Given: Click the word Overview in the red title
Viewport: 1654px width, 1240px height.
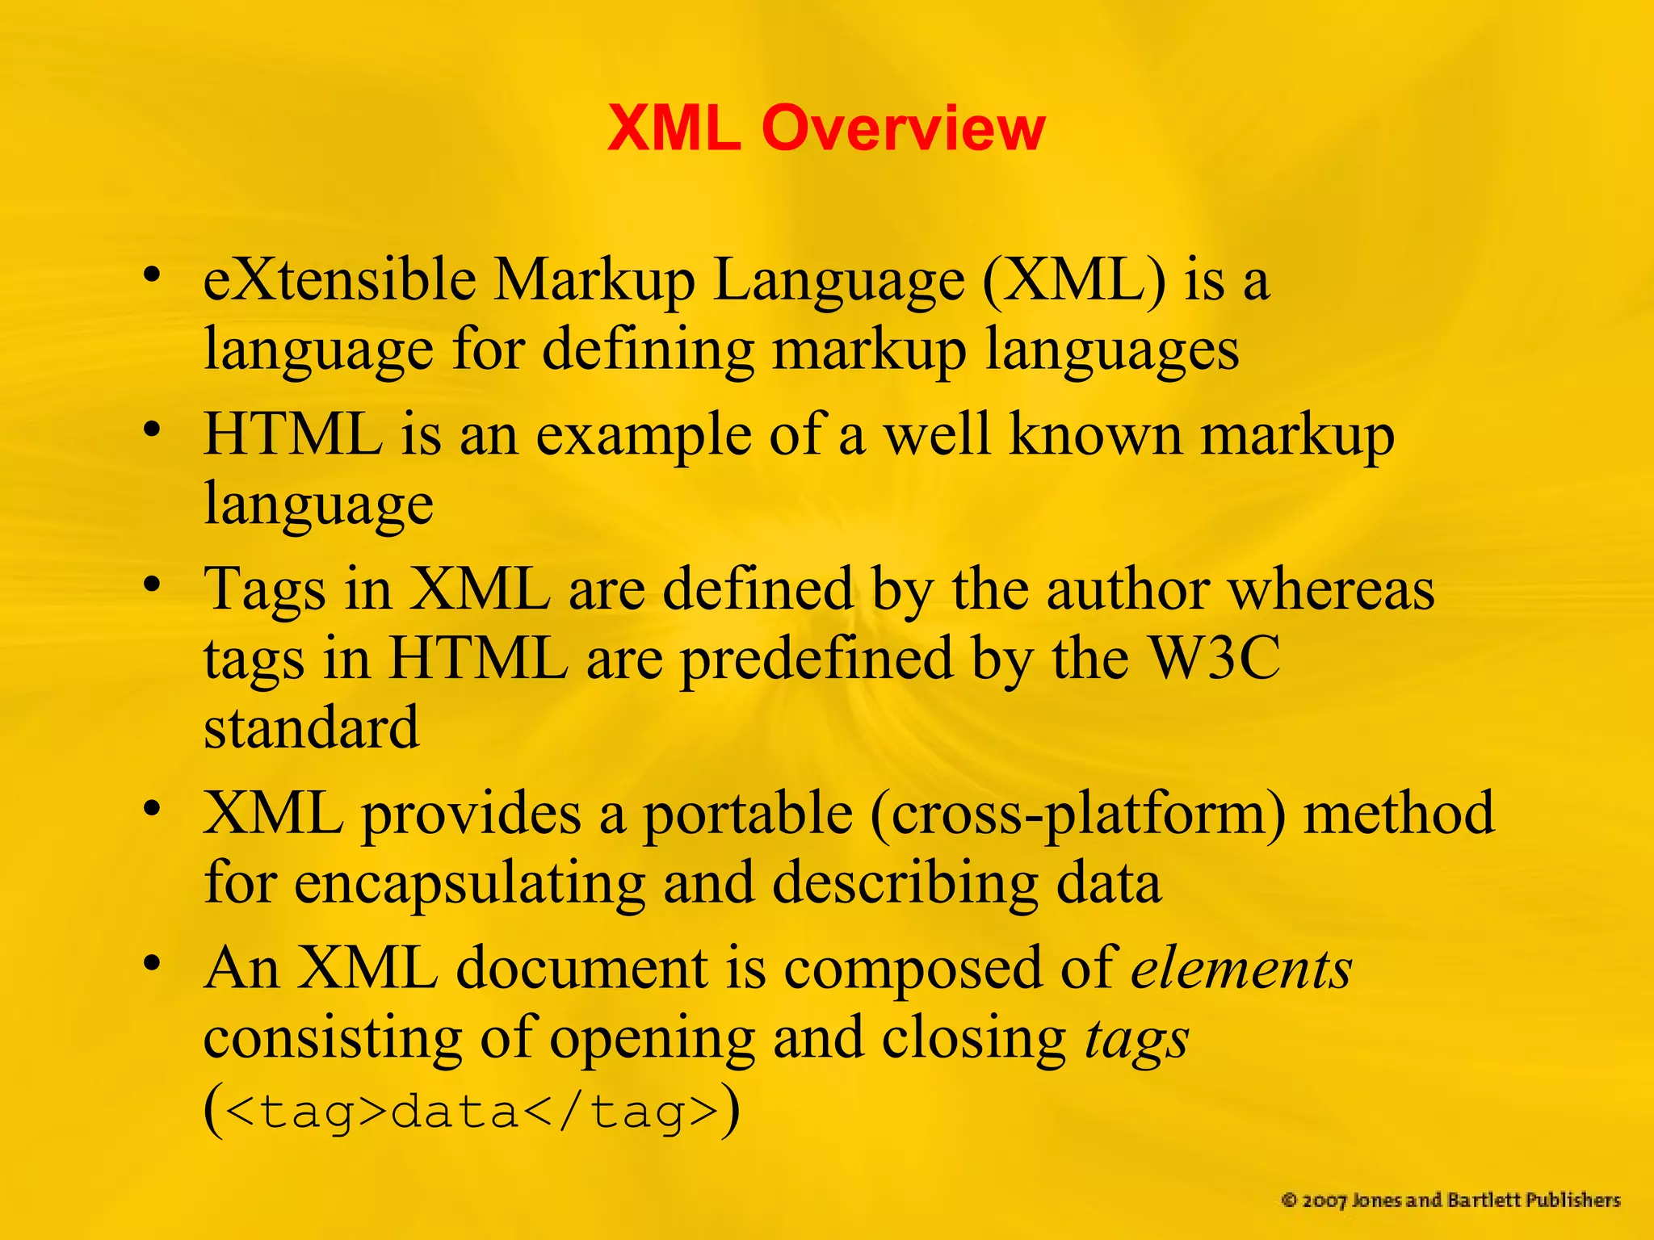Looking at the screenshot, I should click(x=904, y=128).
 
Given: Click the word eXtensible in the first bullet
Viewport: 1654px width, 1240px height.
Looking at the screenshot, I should click(x=340, y=280).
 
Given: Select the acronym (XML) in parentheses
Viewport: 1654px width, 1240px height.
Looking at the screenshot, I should click(x=1074, y=282).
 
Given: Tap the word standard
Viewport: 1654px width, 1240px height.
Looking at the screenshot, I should click(x=312, y=727).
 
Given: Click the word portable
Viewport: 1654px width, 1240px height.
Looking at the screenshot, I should click(x=747, y=813).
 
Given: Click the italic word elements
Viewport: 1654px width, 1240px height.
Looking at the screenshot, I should click(x=1241, y=968).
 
